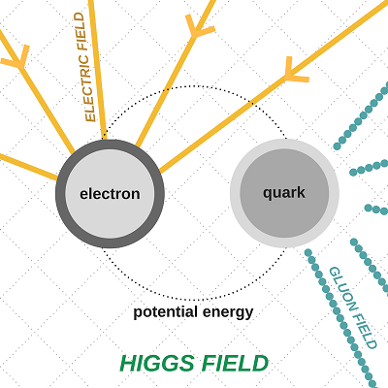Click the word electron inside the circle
pyautogui.click(x=110, y=194)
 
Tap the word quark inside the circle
pyautogui.click(x=284, y=193)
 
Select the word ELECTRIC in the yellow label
pyautogui.click(x=87, y=87)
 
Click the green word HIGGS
pyautogui.click(x=157, y=363)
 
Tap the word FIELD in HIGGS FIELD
pyautogui.click(x=235, y=363)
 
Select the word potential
pyautogui.click(x=166, y=312)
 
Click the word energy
pyautogui.click(x=228, y=313)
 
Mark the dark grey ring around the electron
pyautogui.click(x=60, y=194)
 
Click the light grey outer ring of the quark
pyautogui.click(x=235, y=193)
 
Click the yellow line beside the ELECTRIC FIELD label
pyautogui.click(x=97, y=70)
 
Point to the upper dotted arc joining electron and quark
pyautogui.click(x=194, y=86)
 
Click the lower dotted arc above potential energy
pyautogui.click(x=194, y=300)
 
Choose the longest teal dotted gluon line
pyautogui.click(x=341, y=318)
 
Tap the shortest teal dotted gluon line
pyautogui.click(x=376, y=210)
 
